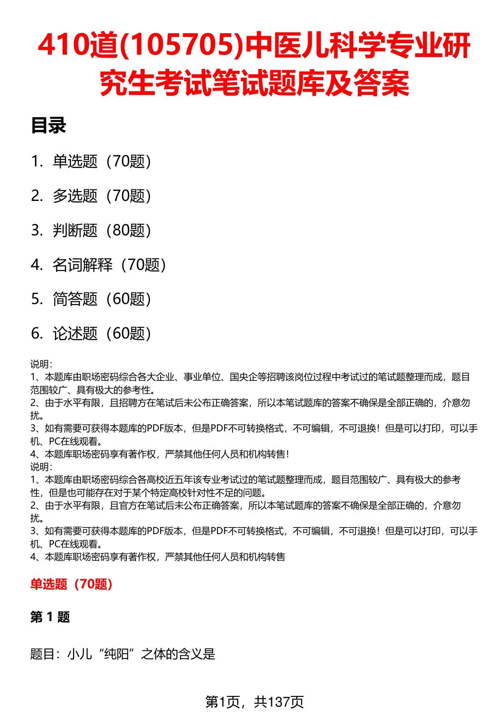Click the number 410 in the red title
point(62,46)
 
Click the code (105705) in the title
point(166,46)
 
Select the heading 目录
point(48,126)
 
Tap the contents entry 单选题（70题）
point(101,161)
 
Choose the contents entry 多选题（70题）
point(101,196)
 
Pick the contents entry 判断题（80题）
point(101,230)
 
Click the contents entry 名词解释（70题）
point(109,265)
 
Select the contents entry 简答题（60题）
point(101,299)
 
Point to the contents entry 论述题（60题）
point(101,334)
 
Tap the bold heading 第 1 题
point(50,617)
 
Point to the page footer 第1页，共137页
point(254,702)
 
